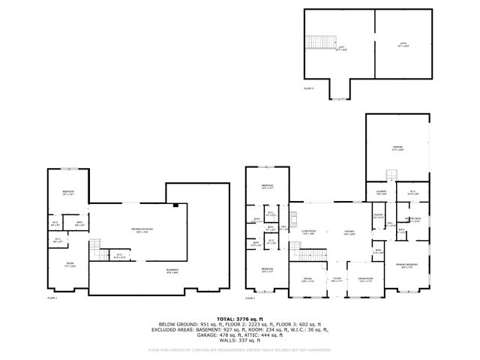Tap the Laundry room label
click(381, 192)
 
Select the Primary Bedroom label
click(406, 265)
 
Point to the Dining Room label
click(366, 280)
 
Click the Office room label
click(307, 280)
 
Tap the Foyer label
click(337, 280)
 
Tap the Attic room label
click(403, 45)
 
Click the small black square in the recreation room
click(175, 205)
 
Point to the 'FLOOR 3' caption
click(310, 88)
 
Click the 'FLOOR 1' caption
click(52, 298)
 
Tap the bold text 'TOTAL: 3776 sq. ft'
click(239, 318)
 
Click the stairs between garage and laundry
click(389, 175)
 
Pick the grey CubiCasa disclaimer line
click(239, 349)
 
